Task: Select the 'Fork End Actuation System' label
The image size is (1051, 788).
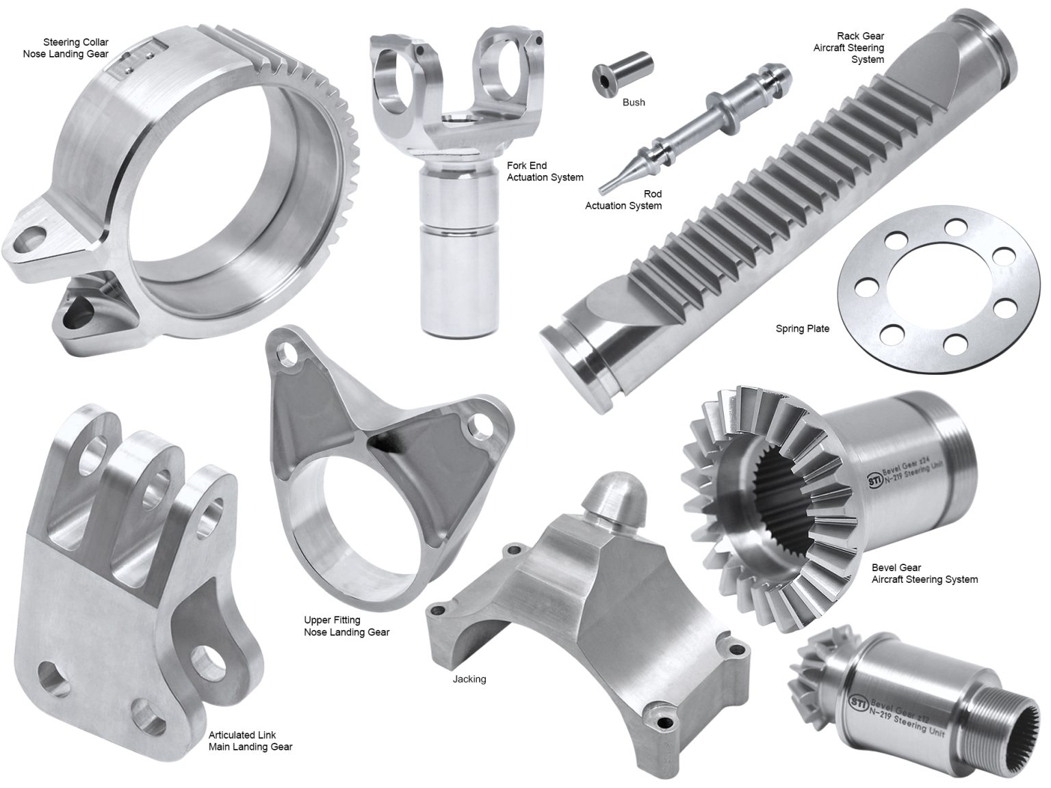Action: point(545,172)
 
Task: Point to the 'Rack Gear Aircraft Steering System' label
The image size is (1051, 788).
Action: point(848,48)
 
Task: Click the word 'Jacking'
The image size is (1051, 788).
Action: point(469,679)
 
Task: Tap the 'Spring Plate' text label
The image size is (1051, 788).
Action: point(802,329)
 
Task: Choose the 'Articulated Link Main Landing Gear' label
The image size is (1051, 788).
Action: point(250,741)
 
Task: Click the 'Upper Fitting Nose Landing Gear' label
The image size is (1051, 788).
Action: point(346,626)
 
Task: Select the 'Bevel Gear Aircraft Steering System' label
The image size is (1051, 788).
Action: point(924,573)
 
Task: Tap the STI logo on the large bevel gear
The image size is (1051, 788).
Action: point(874,478)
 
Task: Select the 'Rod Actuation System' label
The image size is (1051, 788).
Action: point(623,200)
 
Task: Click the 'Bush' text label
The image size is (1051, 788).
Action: point(634,103)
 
